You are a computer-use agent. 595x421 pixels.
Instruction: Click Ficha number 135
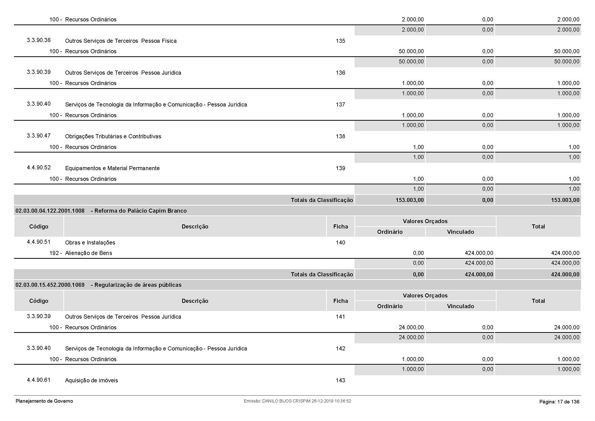tap(340, 41)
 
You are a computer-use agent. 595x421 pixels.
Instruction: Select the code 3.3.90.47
tap(39, 136)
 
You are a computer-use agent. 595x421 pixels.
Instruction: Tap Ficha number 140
tap(340, 243)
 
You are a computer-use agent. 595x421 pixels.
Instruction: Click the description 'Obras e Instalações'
tap(90, 243)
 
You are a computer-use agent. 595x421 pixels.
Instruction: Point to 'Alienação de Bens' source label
tap(88, 253)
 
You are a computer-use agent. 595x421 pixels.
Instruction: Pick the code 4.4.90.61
tap(39, 380)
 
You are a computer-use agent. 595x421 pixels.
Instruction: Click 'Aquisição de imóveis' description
tap(91, 381)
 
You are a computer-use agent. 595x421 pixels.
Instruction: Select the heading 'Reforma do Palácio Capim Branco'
tap(140, 211)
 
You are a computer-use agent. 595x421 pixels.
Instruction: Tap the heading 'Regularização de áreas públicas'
tap(138, 285)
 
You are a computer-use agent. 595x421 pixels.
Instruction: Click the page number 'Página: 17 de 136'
tap(559, 402)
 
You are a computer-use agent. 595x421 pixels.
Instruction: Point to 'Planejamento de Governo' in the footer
tap(44, 401)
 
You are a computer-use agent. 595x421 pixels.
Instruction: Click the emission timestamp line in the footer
tap(297, 401)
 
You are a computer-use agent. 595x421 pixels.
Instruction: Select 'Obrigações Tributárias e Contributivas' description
tap(113, 137)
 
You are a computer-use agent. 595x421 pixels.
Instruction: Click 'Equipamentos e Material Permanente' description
tap(112, 168)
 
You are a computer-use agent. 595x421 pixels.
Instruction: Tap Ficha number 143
tap(340, 381)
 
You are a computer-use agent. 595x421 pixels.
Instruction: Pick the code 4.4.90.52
tap(39, 168)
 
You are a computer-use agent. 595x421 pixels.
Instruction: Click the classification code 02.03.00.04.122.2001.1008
tap(50, 211)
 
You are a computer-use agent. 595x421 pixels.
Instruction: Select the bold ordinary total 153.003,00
tap(410, 200)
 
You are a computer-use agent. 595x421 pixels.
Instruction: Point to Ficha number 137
tap(340, 104)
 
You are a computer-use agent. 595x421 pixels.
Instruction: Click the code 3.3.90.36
tap(39, 40)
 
